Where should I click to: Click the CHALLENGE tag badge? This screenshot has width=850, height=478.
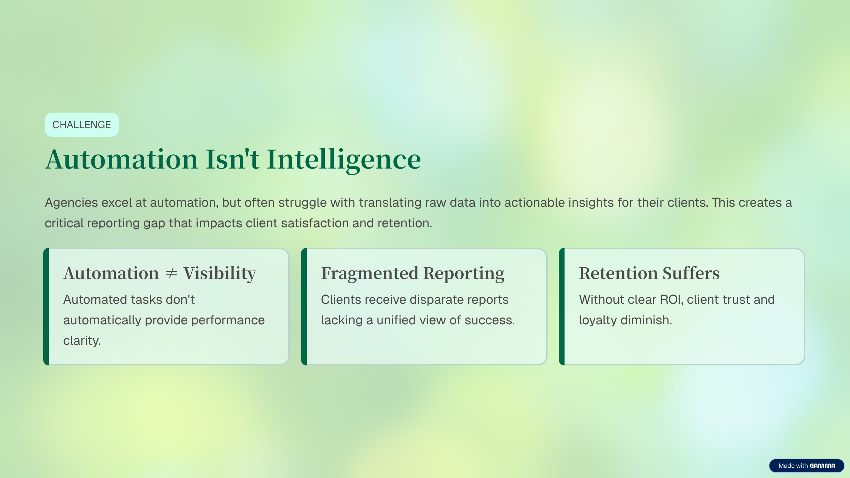(x=81, y=125)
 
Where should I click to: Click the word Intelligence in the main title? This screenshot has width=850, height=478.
(x=344, y=159)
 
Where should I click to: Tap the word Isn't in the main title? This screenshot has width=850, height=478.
(x=232, y=159)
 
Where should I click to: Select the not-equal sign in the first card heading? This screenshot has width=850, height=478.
(x=171, y=273)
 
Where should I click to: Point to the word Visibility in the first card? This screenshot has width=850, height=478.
(x=220, y=273)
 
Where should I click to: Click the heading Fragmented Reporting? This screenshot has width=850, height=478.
(x=413, y=273)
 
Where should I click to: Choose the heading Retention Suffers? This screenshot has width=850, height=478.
(x=649, y=273)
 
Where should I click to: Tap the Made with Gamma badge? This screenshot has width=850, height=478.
(x=806, y=466)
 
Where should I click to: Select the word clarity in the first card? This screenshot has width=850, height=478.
(x=82, y=341)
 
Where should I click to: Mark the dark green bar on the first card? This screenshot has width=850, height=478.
(x=46, y=307)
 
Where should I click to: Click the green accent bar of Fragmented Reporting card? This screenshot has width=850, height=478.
(x=304, y=307)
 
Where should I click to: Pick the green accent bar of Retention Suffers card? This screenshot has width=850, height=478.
(x=562, y=307)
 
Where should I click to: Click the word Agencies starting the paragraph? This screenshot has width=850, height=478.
(x=71, y=203)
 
